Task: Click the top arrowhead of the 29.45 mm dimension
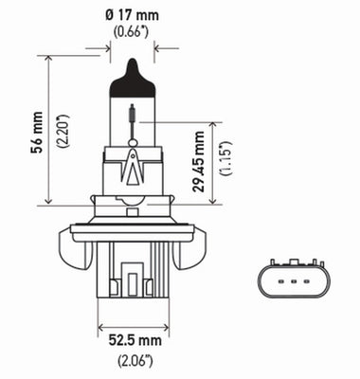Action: (213, 124)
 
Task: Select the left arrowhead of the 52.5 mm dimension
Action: (101, 331)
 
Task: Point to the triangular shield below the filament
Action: (134, 169)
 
